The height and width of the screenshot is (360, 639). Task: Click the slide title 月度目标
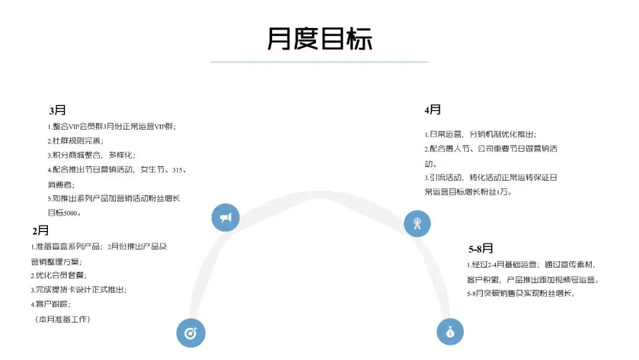point(319,39)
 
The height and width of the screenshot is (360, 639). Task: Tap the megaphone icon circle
point(225,218)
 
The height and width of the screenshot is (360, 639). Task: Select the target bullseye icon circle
point(191,333)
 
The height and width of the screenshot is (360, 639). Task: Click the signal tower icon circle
point(417,223)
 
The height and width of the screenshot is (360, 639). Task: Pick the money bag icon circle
point(450,332)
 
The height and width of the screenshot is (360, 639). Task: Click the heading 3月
point(57,110)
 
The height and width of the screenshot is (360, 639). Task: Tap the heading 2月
point(41,230)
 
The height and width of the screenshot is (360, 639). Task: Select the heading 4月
point(433,110)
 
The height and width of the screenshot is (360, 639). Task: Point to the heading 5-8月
point(480,249)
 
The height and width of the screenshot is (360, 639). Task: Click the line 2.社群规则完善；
point(75,141)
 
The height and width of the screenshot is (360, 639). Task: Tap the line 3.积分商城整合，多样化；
point(92,155)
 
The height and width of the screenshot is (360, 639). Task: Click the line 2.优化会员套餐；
point(59,275)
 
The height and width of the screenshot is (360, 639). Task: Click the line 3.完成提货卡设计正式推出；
point(79,290)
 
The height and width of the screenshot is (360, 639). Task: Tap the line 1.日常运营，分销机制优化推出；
point(480,134)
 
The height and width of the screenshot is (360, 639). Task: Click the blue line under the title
point(319,62)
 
